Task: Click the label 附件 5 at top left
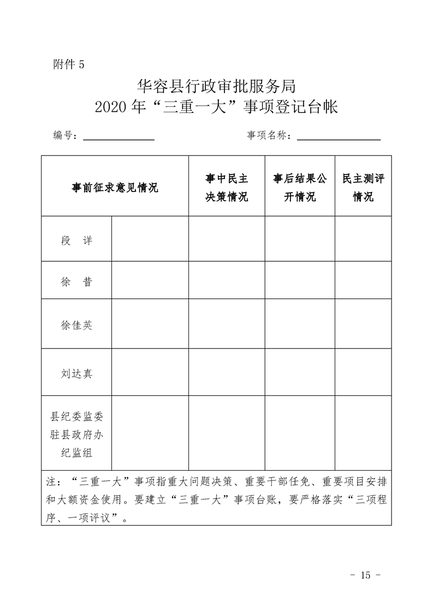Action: (69, 64)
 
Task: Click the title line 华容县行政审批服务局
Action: (216, 86)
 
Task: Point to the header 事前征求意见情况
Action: (115, 188)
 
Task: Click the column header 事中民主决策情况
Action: (227, 188)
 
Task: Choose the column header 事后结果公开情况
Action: (300, 188)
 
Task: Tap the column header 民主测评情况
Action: (363, 188)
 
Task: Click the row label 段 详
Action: (76, 241)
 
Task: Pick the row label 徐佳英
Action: (76, 325)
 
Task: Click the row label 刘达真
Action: (76, 374)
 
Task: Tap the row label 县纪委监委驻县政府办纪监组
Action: (76, 434)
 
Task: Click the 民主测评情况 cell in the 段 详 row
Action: (363, 239)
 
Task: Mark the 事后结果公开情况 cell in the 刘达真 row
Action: (300, 373)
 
